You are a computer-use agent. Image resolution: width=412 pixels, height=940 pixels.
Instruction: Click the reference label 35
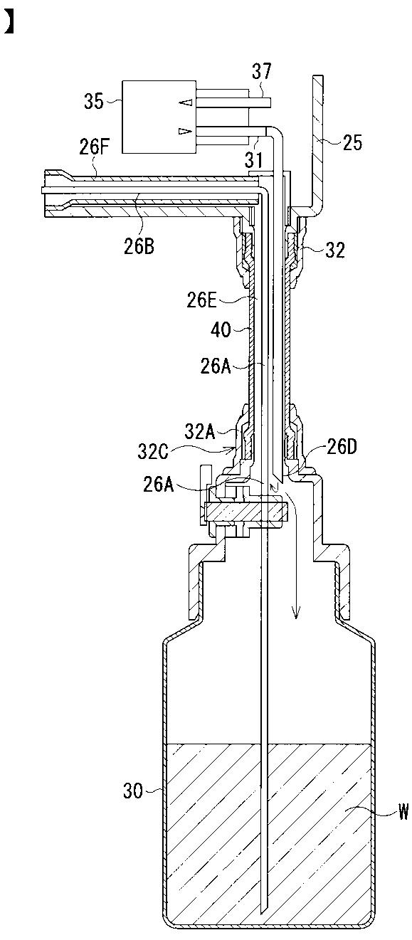point(93,102)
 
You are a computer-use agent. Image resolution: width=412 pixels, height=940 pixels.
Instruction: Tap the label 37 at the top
point(262,72)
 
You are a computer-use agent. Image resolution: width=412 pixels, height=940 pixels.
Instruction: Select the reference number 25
point(352,143)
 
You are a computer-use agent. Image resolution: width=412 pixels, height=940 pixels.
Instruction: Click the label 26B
point(139,246)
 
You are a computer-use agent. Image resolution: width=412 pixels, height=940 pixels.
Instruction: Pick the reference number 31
point(254,160)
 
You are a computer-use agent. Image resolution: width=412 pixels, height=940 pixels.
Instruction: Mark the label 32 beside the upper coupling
point(334,250)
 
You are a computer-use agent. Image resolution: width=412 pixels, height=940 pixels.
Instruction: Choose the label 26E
point(202,301)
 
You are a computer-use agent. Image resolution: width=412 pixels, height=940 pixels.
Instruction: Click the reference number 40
point(221,330)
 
